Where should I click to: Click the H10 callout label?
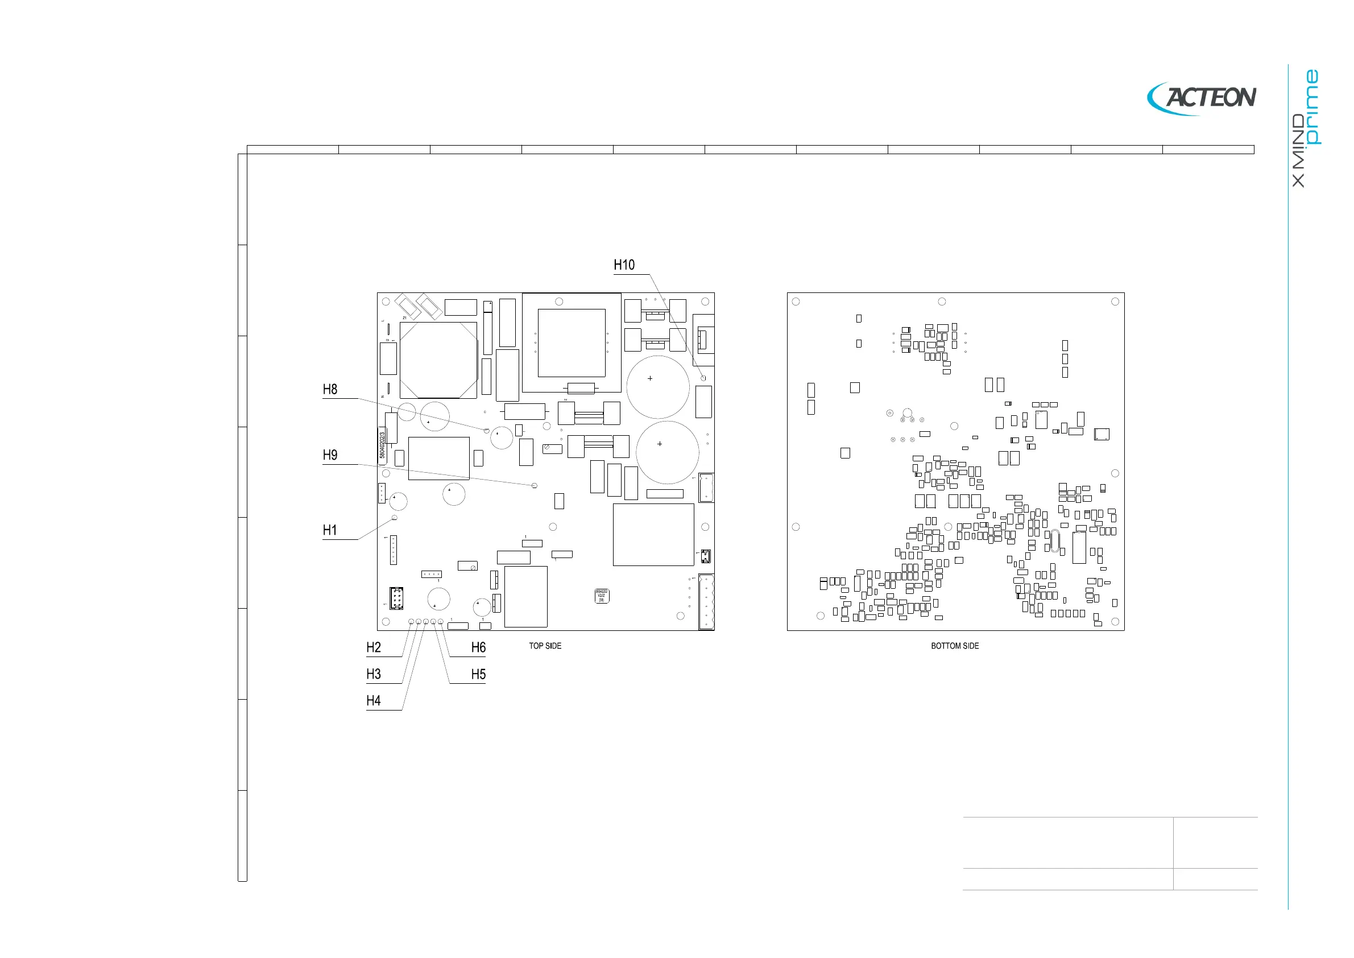point(624,265)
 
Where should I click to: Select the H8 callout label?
point(330,389)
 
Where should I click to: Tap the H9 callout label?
point(330,455)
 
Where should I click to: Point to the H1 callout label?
point(330,530)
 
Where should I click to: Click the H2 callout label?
point(373,647)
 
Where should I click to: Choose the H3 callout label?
point(373,674)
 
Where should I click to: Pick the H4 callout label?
point(373,701)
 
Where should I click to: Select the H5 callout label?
point(478,674)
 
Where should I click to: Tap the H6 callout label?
point(478,647)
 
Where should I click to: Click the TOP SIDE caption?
point(545,646)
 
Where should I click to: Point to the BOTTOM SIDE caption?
point(955,646)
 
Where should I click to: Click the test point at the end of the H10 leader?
point(703,378)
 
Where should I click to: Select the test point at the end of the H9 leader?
point(535,485)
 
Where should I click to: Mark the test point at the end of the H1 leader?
point(395,517)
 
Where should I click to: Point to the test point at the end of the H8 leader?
point(487,431)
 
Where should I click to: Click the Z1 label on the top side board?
point(404,318)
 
